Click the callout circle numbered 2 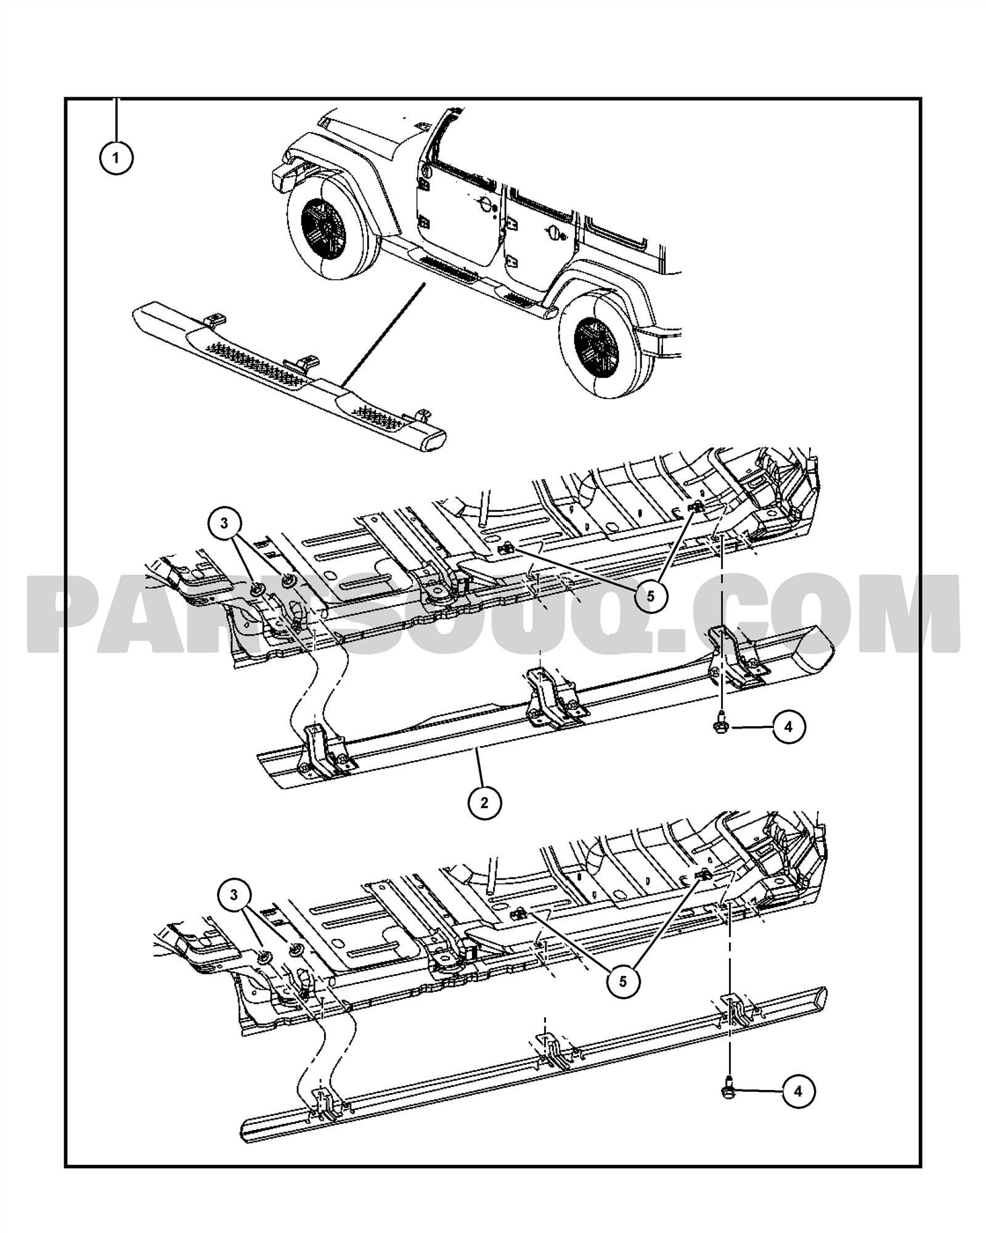pyautogui.click(x=484, y=802)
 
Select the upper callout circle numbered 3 pyautogui.click(x=224, y=523)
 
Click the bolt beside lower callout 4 pyautogui.click(x=728, y=1091)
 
